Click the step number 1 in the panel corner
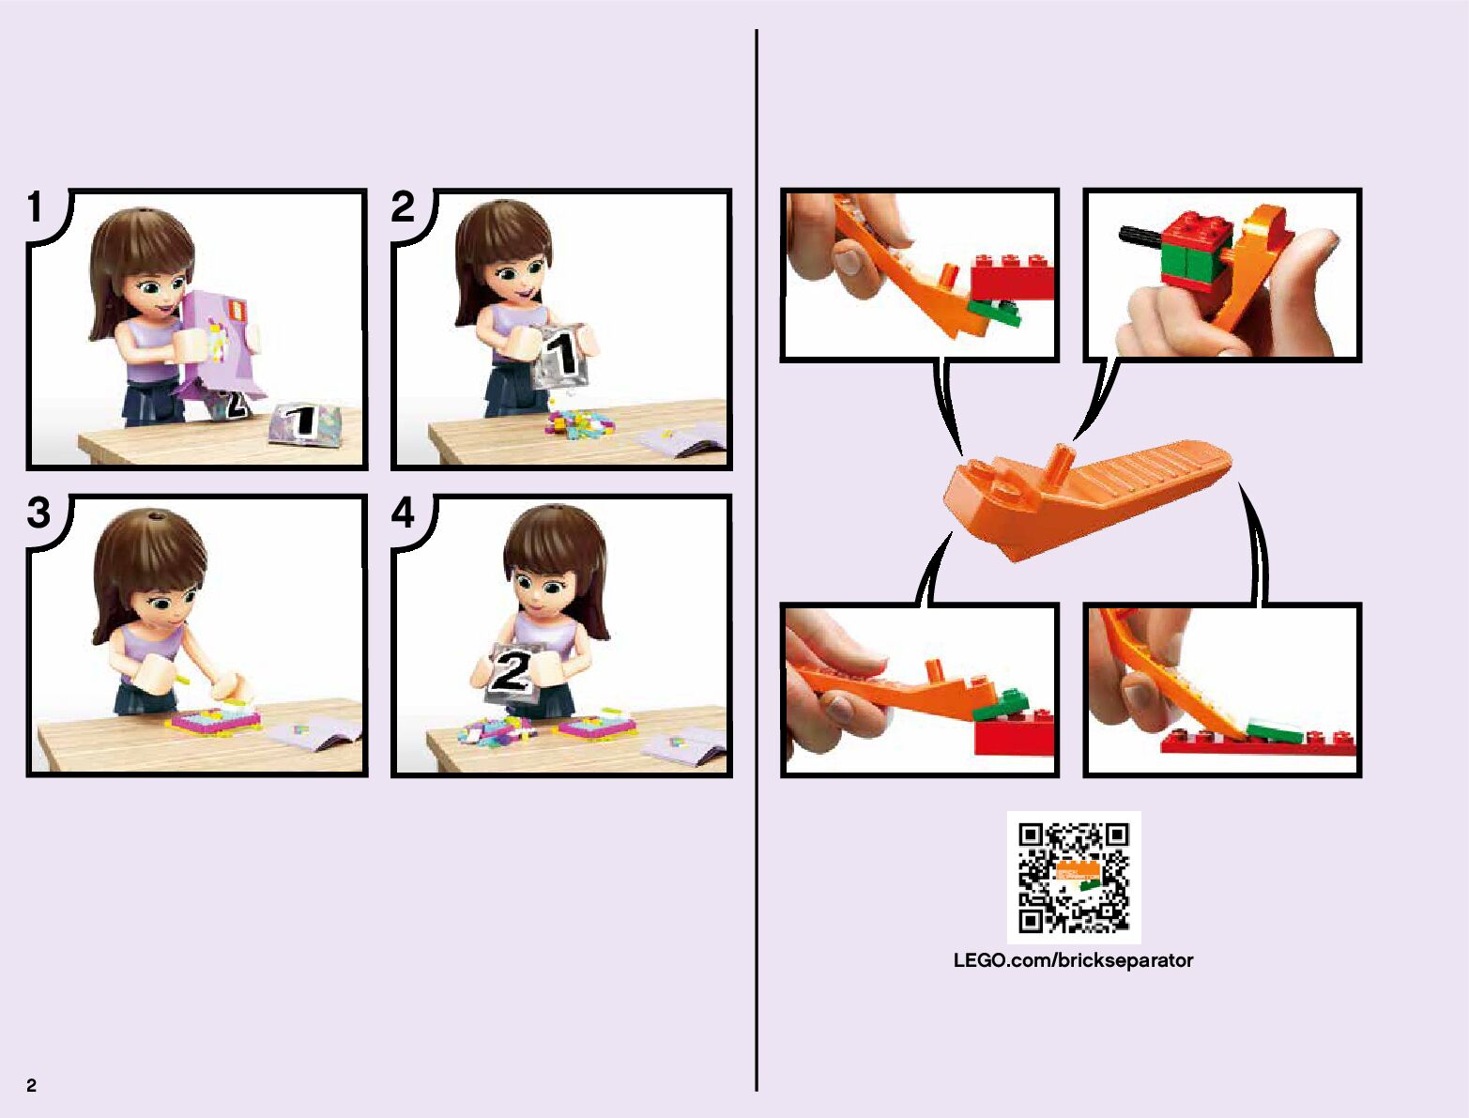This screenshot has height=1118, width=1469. pyautogui.click(x=35, y=207)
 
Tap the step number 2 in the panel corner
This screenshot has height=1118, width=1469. pyautogui.click(x=403, y=207)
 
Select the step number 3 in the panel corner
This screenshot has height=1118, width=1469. pyautogui.click(x=38, y=513)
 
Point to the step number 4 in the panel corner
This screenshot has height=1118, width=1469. pyautogui.click(x=403, y=513)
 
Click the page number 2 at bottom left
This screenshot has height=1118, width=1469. pyautogui.click(x=32, y=1085)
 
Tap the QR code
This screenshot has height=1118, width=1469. pyautogui.click(x=1074, y=877)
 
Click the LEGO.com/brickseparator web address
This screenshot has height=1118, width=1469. pyautogui.click(x=1073, y=960)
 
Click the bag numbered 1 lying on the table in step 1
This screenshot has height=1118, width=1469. pyautogui.click(x=304, y=422)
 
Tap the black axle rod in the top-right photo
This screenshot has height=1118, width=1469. pyautogui.click(x=1141, y=235)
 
